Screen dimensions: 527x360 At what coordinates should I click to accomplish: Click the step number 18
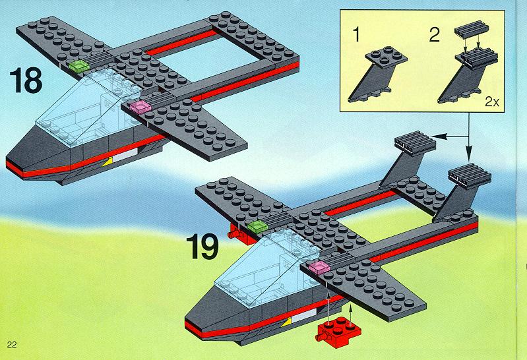tap(26, 80)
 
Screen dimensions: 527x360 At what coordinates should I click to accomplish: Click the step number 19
tap(202, 247)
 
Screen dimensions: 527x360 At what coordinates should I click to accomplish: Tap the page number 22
tap(12, 345)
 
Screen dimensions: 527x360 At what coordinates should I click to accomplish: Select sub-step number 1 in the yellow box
tap(356, 35)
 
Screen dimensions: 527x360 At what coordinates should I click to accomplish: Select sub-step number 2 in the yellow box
tap(435, 35)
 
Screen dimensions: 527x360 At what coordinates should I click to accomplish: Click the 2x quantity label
tap(492, 102)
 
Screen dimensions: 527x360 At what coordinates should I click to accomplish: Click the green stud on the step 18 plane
tap(79, 66)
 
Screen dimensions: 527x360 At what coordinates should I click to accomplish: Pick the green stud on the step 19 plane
tap(258, 227)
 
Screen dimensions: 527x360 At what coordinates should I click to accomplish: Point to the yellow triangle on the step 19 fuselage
tap(287, 323)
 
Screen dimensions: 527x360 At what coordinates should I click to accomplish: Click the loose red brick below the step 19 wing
tap(338, 331)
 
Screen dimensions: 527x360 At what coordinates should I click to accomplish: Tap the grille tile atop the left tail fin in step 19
tap(416, 141)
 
